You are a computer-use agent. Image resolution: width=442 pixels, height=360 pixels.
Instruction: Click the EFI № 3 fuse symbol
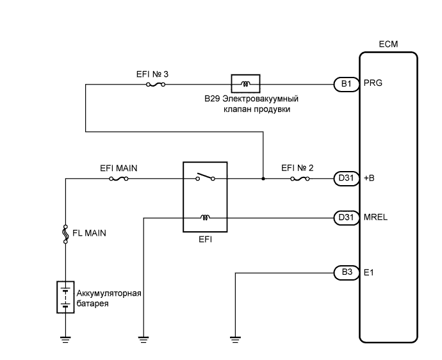[156, 83]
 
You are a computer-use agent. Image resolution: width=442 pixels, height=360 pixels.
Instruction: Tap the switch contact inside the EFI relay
[204, 177]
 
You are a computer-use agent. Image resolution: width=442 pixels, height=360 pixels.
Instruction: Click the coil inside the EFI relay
[205, 218]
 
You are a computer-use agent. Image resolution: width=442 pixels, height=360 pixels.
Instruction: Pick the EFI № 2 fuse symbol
[300, 179]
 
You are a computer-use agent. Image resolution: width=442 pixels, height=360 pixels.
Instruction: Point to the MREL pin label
[375, 218]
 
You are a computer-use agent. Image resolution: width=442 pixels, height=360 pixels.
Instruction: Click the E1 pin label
[368, 272]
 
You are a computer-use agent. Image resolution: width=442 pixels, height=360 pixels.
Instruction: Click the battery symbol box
[65, 296]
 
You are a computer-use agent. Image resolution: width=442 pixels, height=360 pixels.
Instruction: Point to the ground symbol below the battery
[65, 339]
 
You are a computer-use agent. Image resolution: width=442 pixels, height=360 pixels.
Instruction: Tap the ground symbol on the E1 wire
[236, 339]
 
